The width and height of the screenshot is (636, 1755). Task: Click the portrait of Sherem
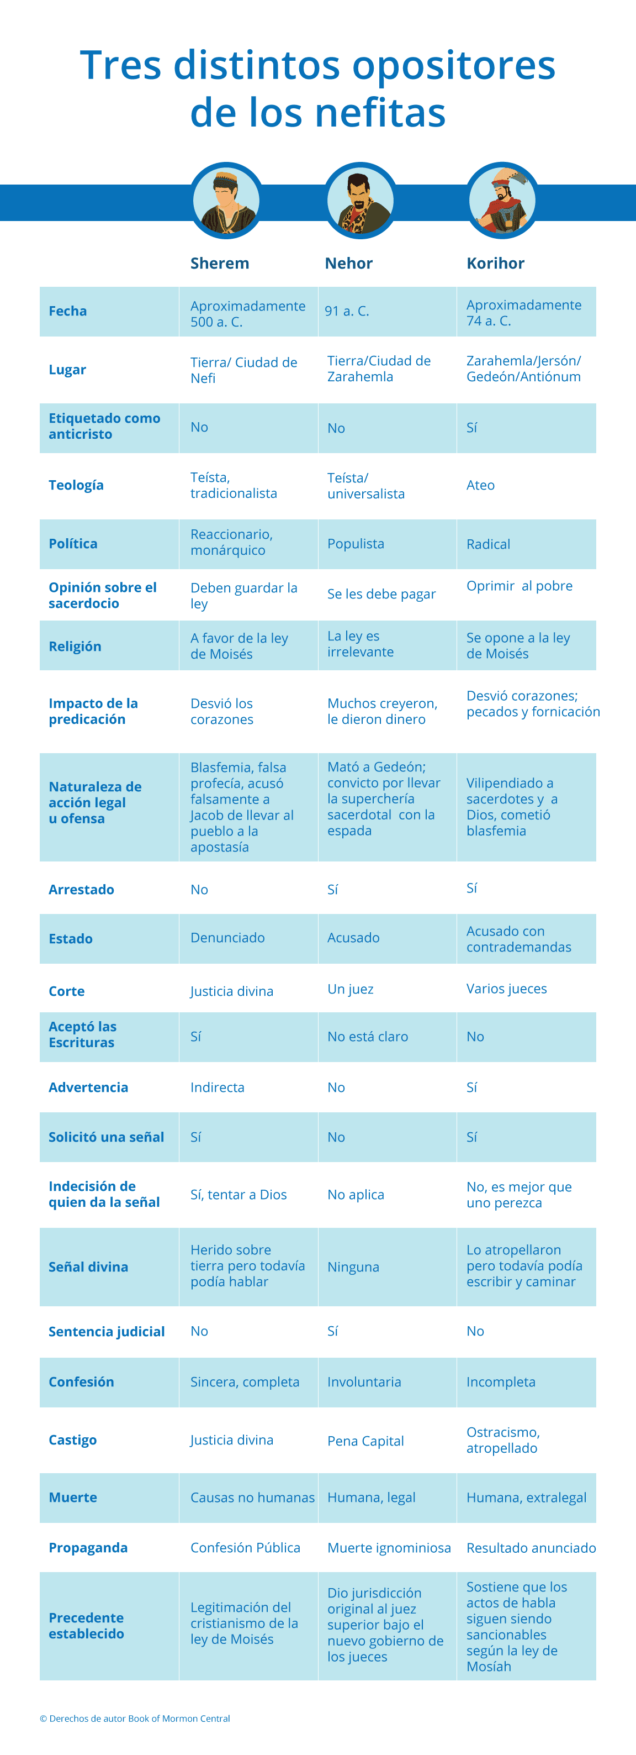226,201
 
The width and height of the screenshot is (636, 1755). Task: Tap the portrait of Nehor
360,201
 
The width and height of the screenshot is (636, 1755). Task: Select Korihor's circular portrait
502,201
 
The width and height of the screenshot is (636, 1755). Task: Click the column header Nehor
349,264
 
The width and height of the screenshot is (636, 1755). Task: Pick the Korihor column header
495,264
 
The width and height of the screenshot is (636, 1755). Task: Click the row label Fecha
67,311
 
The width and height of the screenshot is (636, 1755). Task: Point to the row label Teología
76,485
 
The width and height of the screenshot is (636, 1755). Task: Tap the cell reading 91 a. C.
347,311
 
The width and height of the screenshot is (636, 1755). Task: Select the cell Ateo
480,485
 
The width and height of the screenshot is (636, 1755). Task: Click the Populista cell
356,544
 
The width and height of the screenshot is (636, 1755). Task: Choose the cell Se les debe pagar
381,594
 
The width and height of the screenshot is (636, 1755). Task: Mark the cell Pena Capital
365,1441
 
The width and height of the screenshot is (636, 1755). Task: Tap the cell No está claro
368,1037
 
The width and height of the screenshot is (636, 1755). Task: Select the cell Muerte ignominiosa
389,1548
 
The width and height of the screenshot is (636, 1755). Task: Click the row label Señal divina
88,1267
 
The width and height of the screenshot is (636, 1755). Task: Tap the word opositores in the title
453,66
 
